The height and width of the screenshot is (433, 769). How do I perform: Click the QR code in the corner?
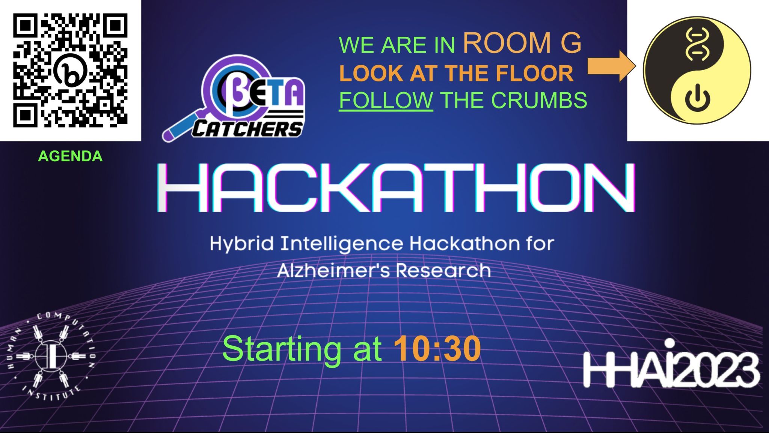pos(70,70)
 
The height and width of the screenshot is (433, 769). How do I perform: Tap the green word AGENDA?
pos(70,156)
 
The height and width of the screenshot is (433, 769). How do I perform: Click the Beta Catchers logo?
pos(234,98)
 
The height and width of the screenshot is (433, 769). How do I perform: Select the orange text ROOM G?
pos(522,43)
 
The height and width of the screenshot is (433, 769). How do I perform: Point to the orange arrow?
pos(612,66)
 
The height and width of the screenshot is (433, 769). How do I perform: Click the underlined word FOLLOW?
pos(386,100)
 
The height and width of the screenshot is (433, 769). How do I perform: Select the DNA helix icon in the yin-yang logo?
pos(697,44)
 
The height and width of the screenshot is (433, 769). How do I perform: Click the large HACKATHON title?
pos(396,187)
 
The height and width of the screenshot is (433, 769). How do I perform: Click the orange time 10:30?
pos(437,349)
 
